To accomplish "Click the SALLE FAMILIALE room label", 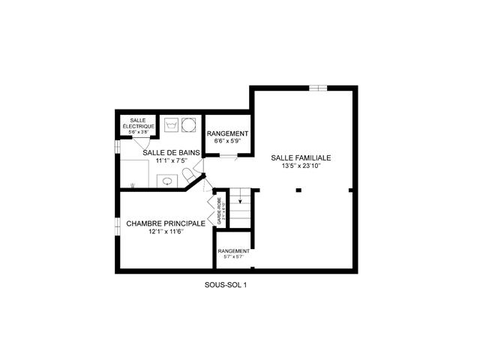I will [x=301, y=158].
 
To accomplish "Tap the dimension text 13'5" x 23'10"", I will [x=301, y=166].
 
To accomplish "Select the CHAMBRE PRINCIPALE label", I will [x=166, y=223].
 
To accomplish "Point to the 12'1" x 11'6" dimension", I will [x=165, y=232].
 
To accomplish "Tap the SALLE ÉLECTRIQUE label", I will [x=138, y=123].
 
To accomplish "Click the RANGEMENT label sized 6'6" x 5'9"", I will [x=226, y=133].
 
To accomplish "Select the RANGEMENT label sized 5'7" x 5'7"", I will [x=233, y=251].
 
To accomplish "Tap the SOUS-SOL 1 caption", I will [x=225, y=283].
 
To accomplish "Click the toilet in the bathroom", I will [x=190, y=175].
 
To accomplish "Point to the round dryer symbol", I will [x=188, y=123].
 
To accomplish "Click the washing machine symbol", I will [x=171, y=123].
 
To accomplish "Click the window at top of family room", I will [x=318, y=88].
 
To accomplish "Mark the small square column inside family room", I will [x=298, y=190].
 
